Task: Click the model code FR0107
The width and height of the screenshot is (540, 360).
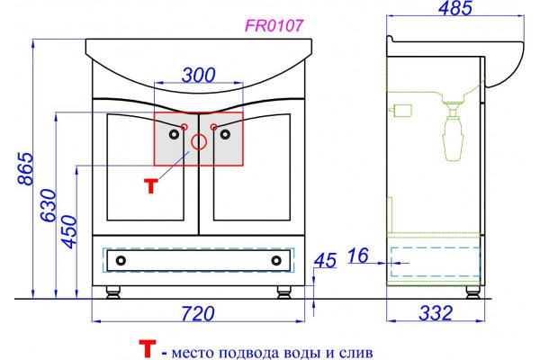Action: [274, 25]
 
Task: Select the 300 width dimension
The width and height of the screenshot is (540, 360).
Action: [198, 75]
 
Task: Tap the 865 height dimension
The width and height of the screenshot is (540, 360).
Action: [26, 169]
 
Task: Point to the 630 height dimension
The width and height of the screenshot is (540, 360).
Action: [49, 205]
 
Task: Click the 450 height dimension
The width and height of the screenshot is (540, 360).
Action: [68, 232]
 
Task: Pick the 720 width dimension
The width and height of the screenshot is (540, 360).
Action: [198, 313]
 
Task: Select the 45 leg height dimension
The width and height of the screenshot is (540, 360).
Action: [325, 260]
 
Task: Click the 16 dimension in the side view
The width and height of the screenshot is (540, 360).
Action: [358, 256]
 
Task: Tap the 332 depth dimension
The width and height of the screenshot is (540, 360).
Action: [436, 313]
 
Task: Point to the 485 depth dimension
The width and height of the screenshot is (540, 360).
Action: [454, 7]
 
